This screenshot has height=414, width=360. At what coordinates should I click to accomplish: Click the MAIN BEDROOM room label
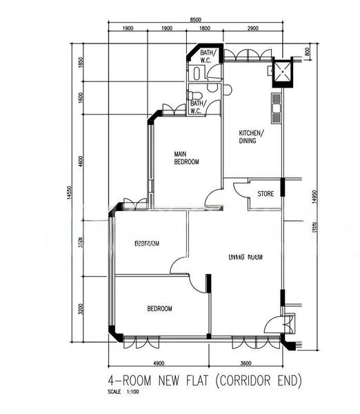pos(186,158)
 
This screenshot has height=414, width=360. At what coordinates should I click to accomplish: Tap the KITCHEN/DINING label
pos(248,137)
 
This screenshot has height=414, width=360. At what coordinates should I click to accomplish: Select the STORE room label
pos(266,195)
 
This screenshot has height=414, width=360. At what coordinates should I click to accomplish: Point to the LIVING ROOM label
pos(246,257)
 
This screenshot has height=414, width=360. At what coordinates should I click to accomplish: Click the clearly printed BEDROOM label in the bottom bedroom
pos(159,309)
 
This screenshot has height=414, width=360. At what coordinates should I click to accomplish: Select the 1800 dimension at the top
pos(205,29)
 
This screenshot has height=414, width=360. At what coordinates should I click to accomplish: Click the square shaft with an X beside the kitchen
pos(282,71)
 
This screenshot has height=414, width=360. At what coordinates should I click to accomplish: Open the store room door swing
pos(240,190)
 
